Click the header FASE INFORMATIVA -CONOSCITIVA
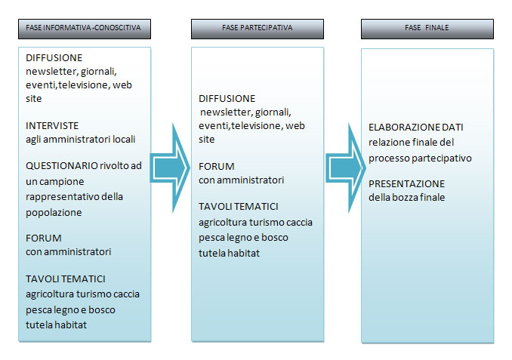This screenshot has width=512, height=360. [85, 29]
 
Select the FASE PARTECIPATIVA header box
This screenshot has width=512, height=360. [258, 29]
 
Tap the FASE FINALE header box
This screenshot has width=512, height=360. [427, 29]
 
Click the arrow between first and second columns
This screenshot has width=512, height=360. [170, 168]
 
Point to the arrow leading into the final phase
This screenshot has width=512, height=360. [346, 168]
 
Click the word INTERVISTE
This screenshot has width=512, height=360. [52, 125]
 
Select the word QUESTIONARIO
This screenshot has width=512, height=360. [62, 166]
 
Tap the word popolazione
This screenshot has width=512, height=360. [54, 213]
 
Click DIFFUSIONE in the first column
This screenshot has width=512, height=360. [54, 58]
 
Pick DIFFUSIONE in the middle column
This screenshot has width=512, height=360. [227, 99]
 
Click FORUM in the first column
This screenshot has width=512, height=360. [44, 238]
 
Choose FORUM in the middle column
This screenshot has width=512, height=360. [217, 167]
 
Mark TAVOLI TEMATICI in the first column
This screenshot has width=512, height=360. [66, 279]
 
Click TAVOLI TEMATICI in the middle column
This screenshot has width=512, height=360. [239, 207]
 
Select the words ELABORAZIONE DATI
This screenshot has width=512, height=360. [415, 128]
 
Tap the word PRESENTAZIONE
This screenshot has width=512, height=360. [406, 183]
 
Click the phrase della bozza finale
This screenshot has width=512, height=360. [406, 198]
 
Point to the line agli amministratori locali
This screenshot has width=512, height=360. [80, 140]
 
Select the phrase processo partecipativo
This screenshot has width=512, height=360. [420, 158]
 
